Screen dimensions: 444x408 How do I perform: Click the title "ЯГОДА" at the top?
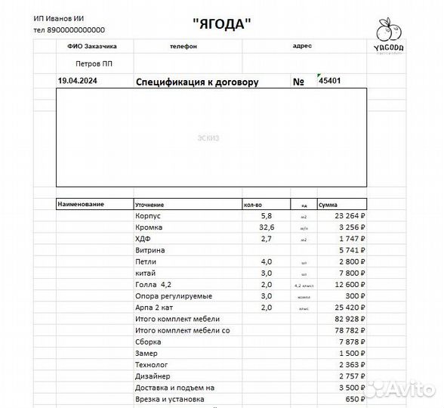(221, 24)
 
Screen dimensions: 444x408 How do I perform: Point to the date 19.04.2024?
(78, 80)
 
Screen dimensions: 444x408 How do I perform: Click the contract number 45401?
(331, 80)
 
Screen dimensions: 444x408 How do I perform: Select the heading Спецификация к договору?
(196, 82)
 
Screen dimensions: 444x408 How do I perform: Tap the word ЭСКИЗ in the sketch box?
(211, 138)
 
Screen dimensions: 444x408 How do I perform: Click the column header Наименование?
(81, 205)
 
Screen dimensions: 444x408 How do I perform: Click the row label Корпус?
(148, 216)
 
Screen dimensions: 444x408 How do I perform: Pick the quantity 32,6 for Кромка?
(267, 227)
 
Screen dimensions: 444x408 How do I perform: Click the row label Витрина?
(150, 250)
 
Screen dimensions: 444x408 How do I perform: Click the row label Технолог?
(151, 364)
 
